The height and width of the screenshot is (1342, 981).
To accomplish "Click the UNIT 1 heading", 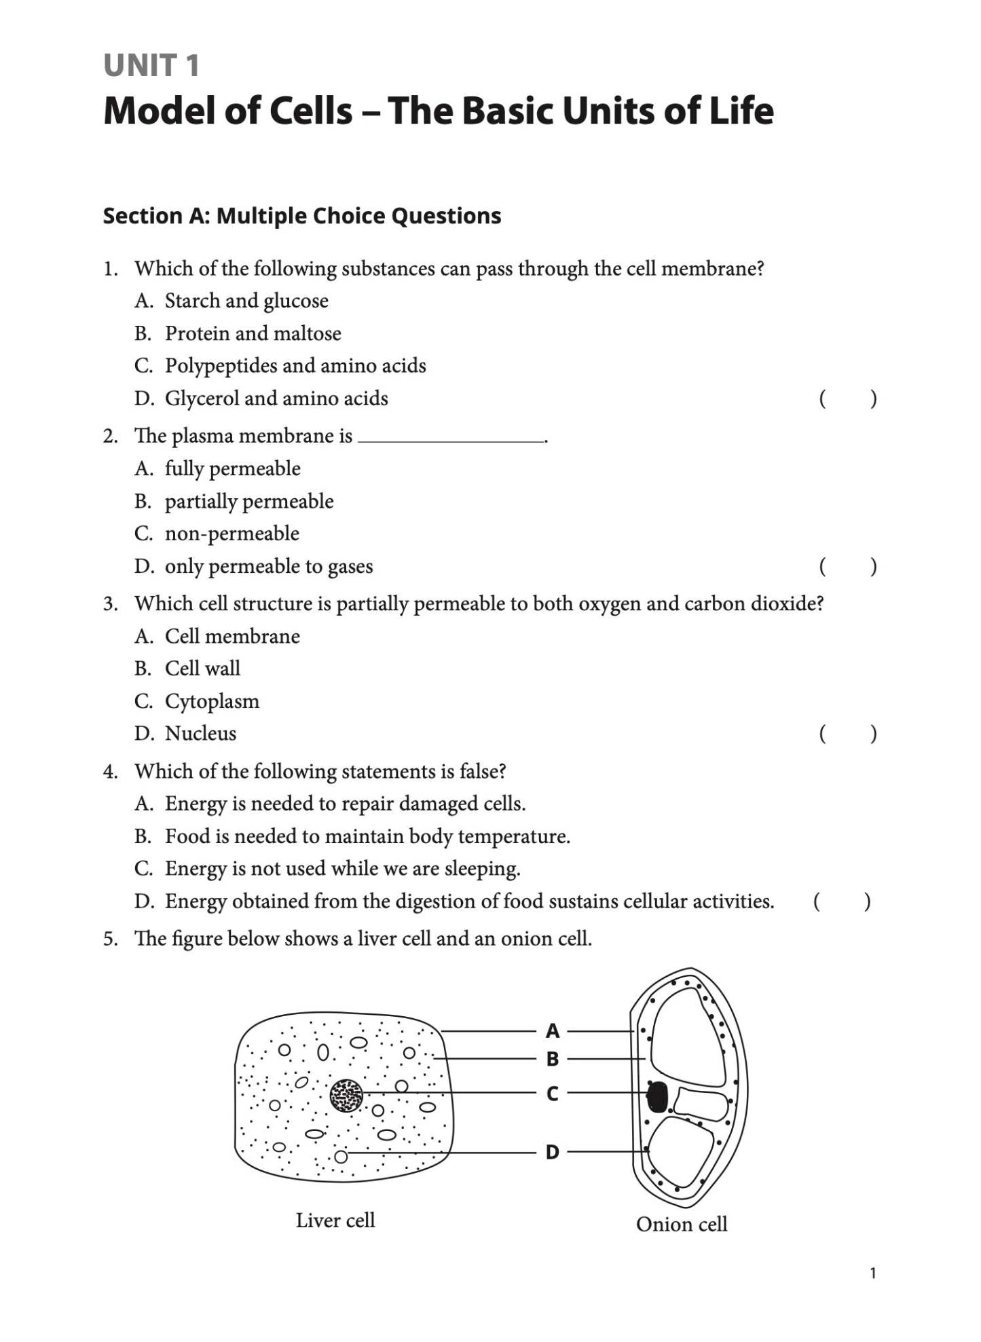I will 151,66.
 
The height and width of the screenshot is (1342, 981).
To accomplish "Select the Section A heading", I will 301,216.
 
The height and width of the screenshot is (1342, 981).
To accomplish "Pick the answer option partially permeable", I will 248,502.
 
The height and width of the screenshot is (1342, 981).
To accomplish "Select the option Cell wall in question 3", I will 202,669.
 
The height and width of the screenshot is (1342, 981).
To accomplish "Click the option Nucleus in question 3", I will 200,734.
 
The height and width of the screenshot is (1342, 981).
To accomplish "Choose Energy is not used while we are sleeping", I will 342,869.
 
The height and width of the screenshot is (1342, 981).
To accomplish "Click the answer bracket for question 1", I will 847,398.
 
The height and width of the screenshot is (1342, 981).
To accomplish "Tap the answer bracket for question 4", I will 841,901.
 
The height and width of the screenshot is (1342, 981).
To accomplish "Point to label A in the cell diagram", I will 553,1031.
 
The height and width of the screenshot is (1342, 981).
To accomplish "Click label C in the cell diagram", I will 553,1094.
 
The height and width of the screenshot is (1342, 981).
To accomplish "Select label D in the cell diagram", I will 553,1152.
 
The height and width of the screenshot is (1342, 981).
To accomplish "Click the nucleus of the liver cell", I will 346,1096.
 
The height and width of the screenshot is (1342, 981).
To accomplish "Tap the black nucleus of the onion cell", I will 656,1097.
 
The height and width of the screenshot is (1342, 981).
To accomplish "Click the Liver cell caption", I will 335,1220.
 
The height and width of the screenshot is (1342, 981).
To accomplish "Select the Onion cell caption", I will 681,1225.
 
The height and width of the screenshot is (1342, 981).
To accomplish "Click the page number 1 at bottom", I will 872,1273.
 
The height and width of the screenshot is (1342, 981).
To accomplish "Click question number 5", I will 110,939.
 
